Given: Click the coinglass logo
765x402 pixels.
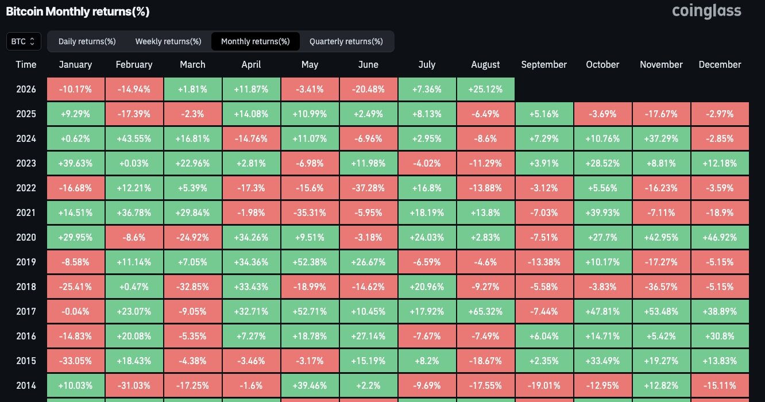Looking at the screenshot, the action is pyautogui.click(x=706, y=11).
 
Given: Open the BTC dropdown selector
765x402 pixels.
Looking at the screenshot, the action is pyautogui.click(x=24, y=41).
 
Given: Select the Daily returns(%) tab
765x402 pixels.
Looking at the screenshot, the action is pyautogui.click(x=87, y=41).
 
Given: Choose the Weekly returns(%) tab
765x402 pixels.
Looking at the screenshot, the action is pyautogui.click(x=168, y=41).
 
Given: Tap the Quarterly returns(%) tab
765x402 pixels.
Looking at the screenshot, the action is pyautogui.click(x=346, y=41).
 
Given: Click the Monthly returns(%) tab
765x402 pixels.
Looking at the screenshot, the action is pyautogui.click(x=256, y=41).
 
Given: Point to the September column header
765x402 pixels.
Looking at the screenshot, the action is pyautogui.click(x=544, y=64).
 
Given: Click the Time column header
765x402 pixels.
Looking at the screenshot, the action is pyautogui.click(x=26, y=64).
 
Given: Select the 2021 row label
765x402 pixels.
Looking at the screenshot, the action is pyautogui.click(x=26, y=213).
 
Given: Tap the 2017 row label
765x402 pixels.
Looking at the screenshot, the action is pyautogui.click(x=26, y=311).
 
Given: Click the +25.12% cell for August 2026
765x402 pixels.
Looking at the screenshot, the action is pyautogui.click(x=485, y=89).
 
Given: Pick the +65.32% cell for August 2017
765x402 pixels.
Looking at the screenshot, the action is pyautogui.click(x=485, y=311).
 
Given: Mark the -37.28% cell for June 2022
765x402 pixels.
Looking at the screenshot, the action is pyautogui.click(x=368, y=188).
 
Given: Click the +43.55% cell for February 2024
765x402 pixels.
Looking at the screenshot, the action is pyautogui.click(x=134, y=138).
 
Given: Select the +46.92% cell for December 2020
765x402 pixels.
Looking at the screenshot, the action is pyautogui.click(x=720, y=237).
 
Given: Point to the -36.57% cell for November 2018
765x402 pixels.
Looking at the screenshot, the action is pyautogui.click(x=661, y=287).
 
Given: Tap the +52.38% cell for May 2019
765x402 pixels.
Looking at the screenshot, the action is pyautogui.click(x=310, y=262).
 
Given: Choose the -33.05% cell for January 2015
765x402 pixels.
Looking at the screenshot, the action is pyautogui.click(x=75, y=361).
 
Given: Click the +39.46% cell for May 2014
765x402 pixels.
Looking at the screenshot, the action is pyautogui.click(x=310, y=385).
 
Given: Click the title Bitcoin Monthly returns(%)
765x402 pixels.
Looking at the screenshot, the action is pyautogui.click(x=78, y=11).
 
